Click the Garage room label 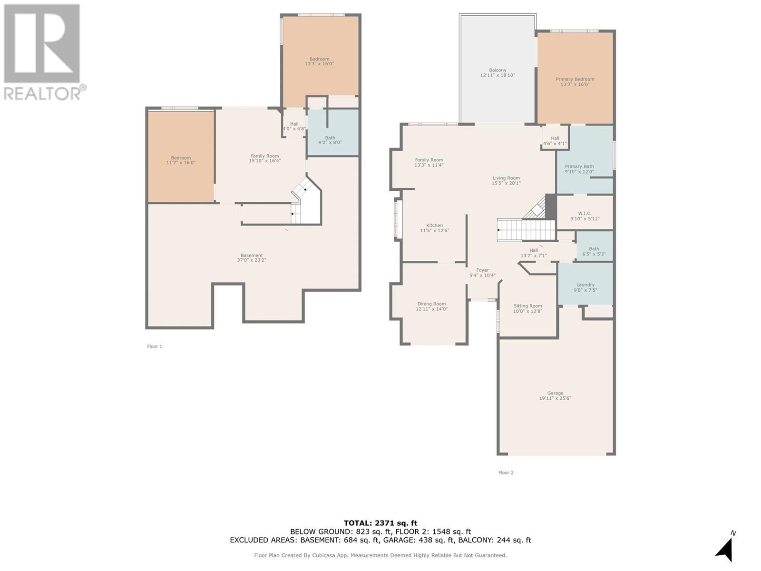[x=555, y=395]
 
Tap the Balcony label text [x=498, y=72]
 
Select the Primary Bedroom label [x=575, y=81]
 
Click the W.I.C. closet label [x=585, y=216]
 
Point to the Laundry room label [x=585, y=287]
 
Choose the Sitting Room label [x=527, y=308]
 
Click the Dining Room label [x=431, y=306]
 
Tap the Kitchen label [x=434, y=228]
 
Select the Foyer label [x=482, y=273]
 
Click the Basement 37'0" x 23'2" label [x=252, y=258]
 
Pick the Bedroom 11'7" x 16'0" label [x=181, y=160]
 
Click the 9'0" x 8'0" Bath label [x=330, y=140]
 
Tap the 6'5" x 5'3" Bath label [x=594, y=251]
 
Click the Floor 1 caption [x=155, y=346]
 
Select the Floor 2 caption [x=506, y=473]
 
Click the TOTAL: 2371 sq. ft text [x=380, y=523]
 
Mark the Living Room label [x=506, y=180]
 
